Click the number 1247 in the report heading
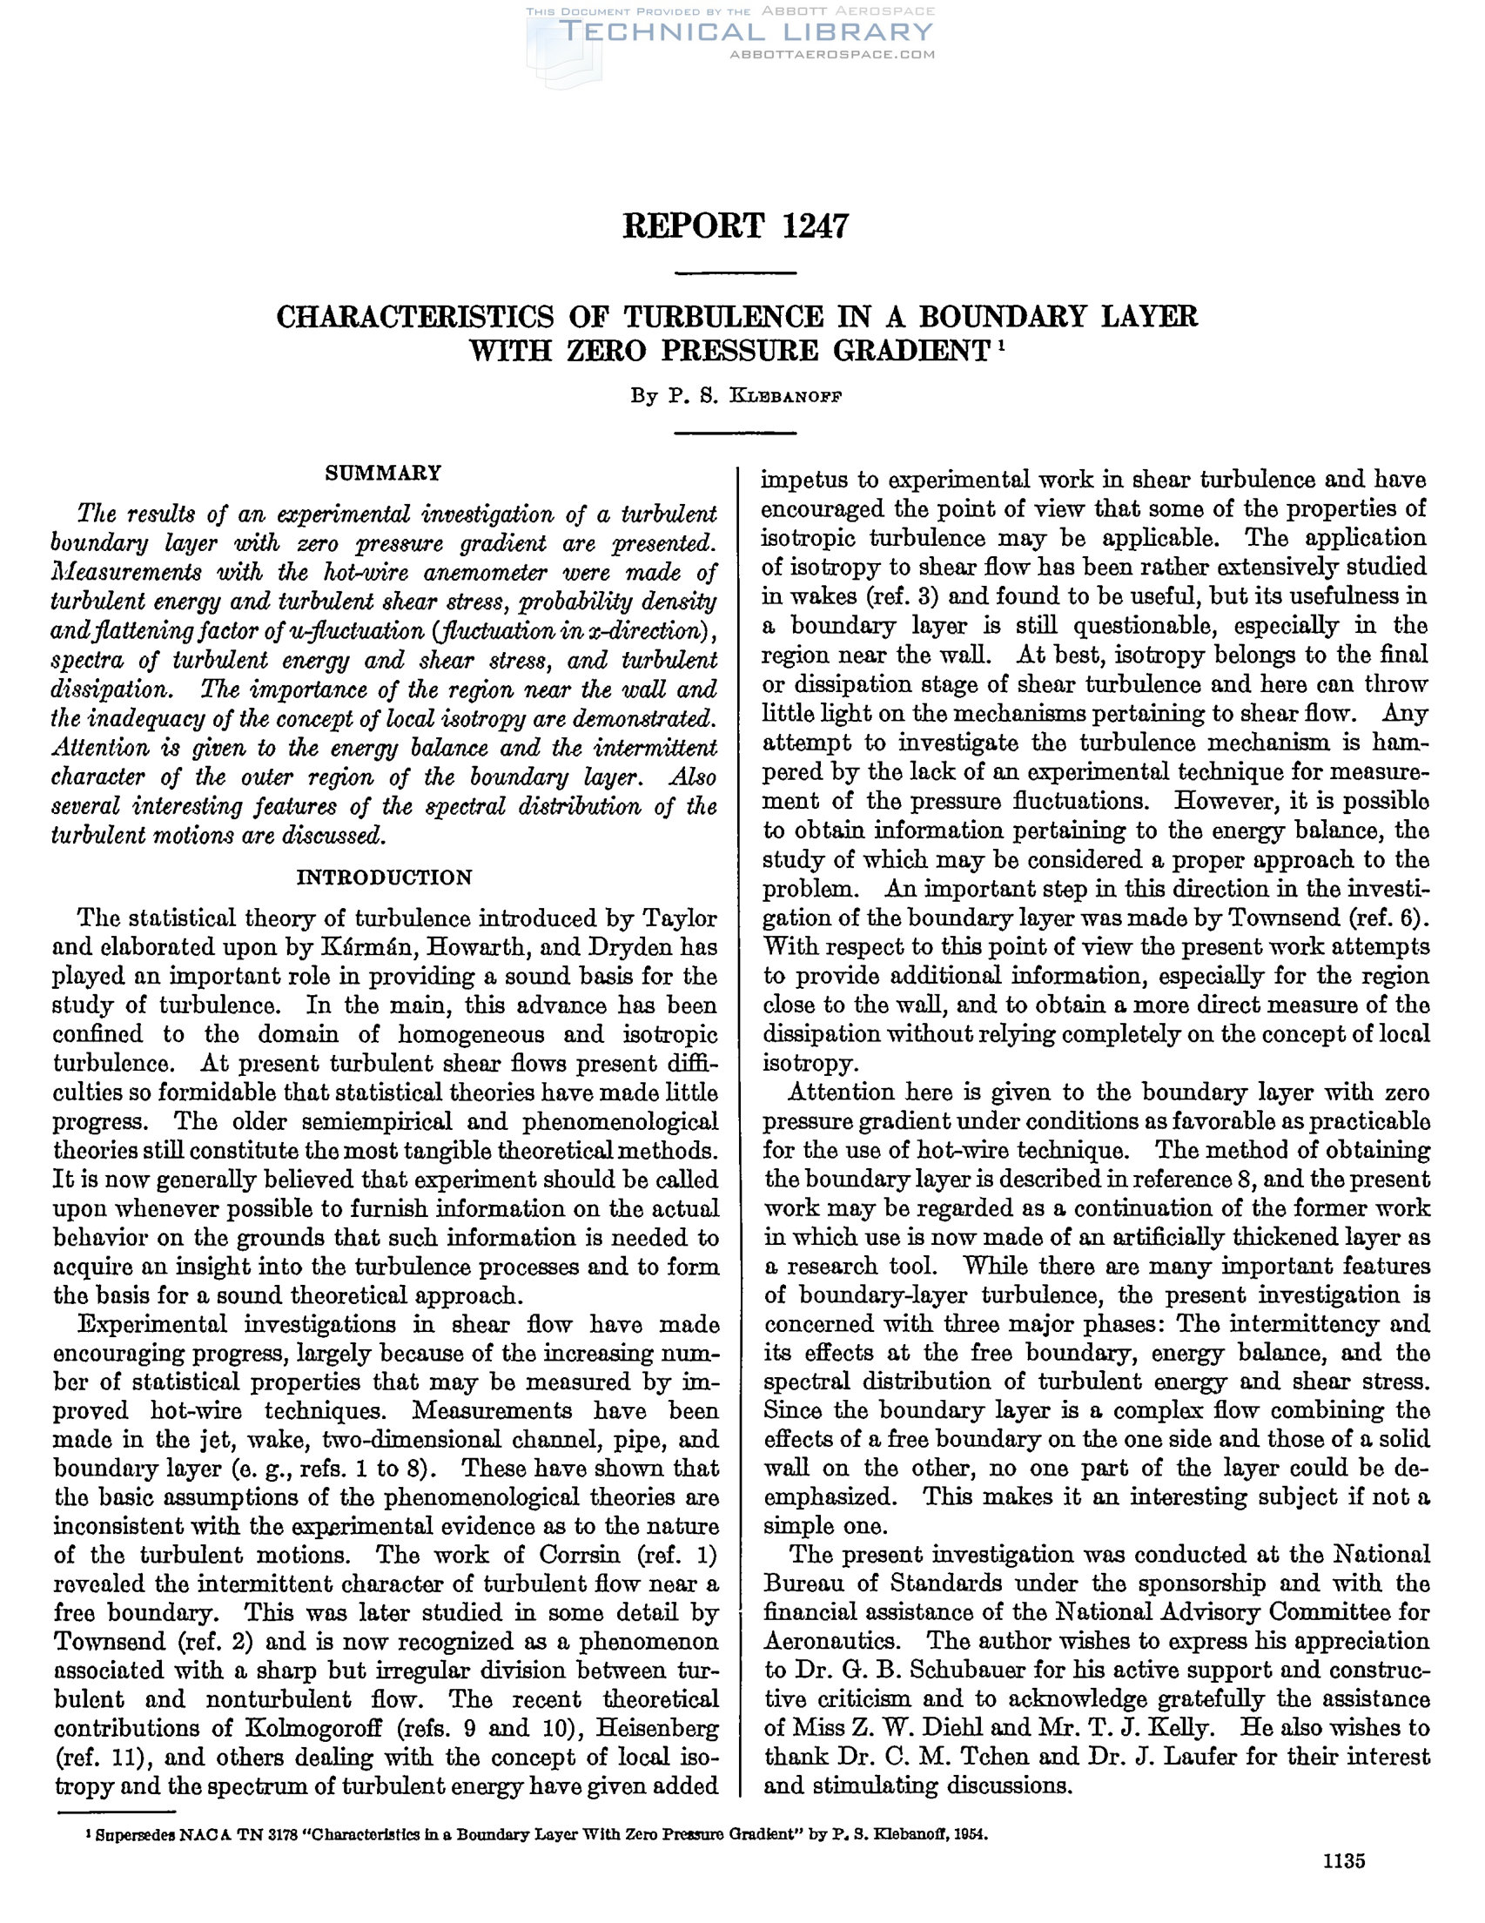814,226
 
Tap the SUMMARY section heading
383,473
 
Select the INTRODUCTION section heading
384,877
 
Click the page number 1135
1342,1860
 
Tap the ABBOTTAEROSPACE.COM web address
832,55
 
